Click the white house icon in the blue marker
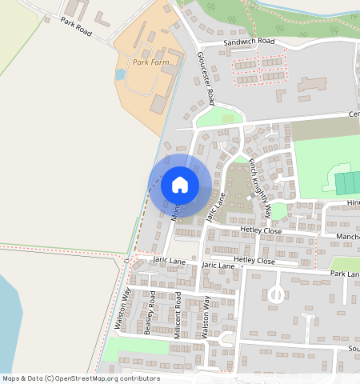[x=180, y=185]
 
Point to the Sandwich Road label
[x=250, y=41]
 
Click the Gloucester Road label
[x=206, y=79]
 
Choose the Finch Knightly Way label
[x=260, y=189]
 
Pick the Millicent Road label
[x=178, y=317]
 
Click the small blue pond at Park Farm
[x=121, y=74]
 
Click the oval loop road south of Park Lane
[x=275, y=295]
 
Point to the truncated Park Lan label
[x=345, y=274]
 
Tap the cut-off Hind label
[x=353, y=203]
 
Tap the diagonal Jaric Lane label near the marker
[x=217, y=206]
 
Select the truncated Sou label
[x=353, y=349]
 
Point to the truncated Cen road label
[x=353, y=114]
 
